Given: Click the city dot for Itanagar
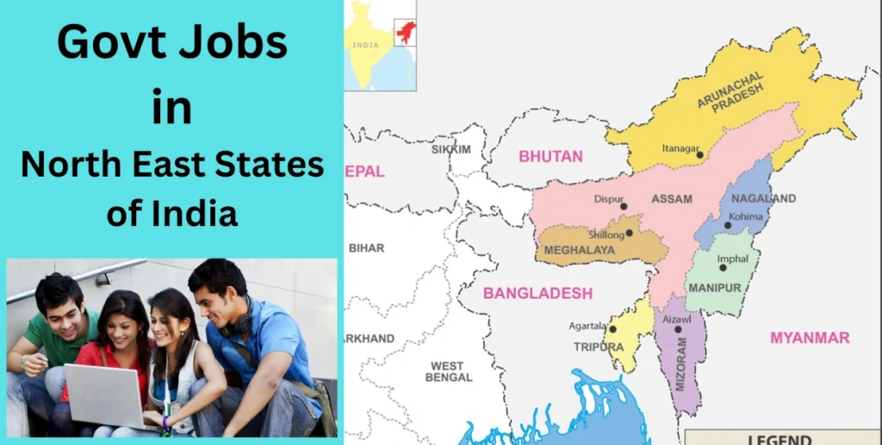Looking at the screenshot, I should [699, 155].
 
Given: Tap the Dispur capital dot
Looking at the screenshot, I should [624, 207].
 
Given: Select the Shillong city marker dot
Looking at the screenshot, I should [630, 232].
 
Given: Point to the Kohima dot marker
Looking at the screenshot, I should [728, 226].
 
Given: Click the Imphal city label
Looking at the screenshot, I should [732, 259].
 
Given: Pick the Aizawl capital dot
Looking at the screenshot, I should [678, 329].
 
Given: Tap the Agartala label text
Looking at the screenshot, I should [587, 326].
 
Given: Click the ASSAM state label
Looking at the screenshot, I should [672, 199].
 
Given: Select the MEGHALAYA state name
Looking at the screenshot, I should [580, 250].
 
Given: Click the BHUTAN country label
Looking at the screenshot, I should [550, 157].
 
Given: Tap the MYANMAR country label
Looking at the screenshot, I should [810, 337].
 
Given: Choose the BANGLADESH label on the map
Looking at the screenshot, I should [537, 293].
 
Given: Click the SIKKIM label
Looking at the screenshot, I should [450, 149].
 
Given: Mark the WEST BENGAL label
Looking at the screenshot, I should [449, 372].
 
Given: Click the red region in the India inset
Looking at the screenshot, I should [404, 32].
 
